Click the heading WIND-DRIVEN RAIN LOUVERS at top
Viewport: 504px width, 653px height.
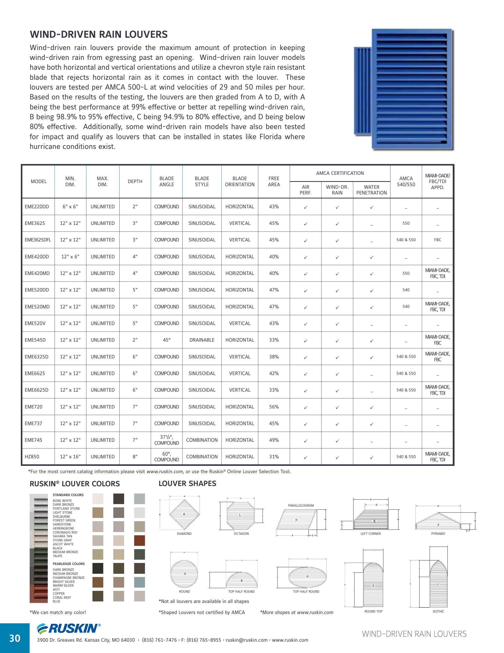(98, 35)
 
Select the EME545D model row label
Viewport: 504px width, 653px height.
(35, 340)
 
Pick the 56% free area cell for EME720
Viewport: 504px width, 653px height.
(274, 407)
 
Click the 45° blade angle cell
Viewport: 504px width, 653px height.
(167, 340)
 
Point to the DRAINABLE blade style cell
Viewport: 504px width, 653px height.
(202, 340)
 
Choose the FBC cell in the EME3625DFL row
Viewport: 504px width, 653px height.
(437, 240)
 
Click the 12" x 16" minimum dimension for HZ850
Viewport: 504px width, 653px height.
(70, 457)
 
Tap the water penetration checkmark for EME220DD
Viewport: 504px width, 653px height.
(371, 207)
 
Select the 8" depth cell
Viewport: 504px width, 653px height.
(135, 457)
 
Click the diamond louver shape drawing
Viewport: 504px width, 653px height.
(184, 514)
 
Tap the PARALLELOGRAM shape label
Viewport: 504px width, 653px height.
(301, 506)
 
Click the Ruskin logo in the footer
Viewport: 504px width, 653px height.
(69, 629)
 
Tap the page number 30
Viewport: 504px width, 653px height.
(15, 638)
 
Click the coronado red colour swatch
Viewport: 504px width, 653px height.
(139, 541)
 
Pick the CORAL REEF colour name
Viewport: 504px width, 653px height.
(62, 597)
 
